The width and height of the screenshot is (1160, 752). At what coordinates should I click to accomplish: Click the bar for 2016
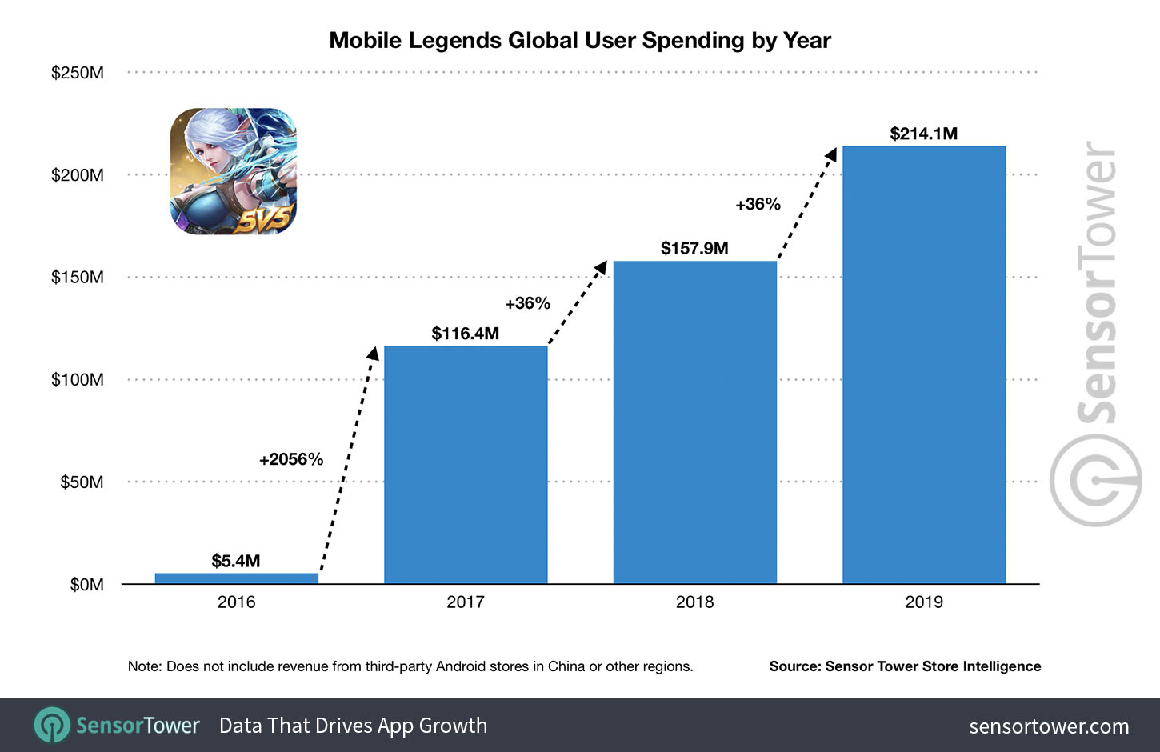point(236,578)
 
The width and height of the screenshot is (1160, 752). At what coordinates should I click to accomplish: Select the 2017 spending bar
point(466,464)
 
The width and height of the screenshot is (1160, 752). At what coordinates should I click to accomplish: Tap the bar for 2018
point(694,422)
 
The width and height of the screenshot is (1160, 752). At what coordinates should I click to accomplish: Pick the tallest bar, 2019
point(924,365)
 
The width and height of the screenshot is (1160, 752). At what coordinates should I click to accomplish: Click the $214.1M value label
point(923,134)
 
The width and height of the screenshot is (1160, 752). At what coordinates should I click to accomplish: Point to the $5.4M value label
point(235,561)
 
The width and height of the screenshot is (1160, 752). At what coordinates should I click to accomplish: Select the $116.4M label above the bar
point(465,334)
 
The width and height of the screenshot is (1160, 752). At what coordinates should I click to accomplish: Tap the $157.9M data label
point(694,248)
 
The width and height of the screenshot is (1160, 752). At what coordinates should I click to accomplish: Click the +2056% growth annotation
point(291,459)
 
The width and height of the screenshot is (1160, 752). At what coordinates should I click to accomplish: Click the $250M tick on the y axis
point(78,73)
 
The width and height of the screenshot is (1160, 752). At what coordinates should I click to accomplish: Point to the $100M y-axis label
point(78,380)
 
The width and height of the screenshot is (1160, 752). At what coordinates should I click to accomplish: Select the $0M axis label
point(86,585)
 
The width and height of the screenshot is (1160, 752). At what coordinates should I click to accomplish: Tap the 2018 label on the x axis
point(694,602)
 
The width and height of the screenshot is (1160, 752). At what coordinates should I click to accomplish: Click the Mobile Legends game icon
point(233,171)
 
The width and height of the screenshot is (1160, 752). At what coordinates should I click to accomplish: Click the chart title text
point(580,41)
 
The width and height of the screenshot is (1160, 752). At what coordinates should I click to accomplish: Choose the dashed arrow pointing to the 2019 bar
point(807,204)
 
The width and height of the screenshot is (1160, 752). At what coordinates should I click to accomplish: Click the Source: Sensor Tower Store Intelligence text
point(905,666)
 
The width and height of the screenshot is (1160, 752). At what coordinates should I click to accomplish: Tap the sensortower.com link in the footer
point(1048,726)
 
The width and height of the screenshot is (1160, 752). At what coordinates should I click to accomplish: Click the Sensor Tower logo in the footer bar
point(117,726)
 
